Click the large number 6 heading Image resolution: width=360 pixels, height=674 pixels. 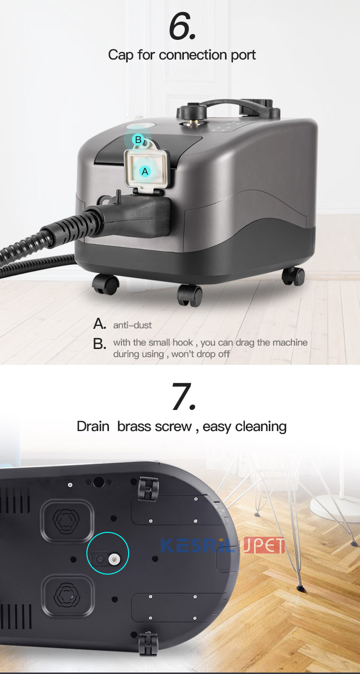[182, 26]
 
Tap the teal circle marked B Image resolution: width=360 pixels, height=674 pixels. [138, 140]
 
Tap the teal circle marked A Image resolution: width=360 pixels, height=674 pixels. [145, 171]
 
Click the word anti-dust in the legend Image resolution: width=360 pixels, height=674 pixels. [132, 325]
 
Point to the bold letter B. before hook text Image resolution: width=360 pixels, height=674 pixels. [99, 344]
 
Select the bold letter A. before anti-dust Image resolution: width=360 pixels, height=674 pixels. [99, 324]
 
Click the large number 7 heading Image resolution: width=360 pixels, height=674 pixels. [184, 396]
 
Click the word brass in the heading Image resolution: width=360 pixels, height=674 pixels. [134, 426]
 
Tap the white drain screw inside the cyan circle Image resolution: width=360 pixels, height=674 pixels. [114, 559]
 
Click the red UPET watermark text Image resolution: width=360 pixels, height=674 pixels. [264, 545]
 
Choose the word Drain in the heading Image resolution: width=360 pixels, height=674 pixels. [93, 426]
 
